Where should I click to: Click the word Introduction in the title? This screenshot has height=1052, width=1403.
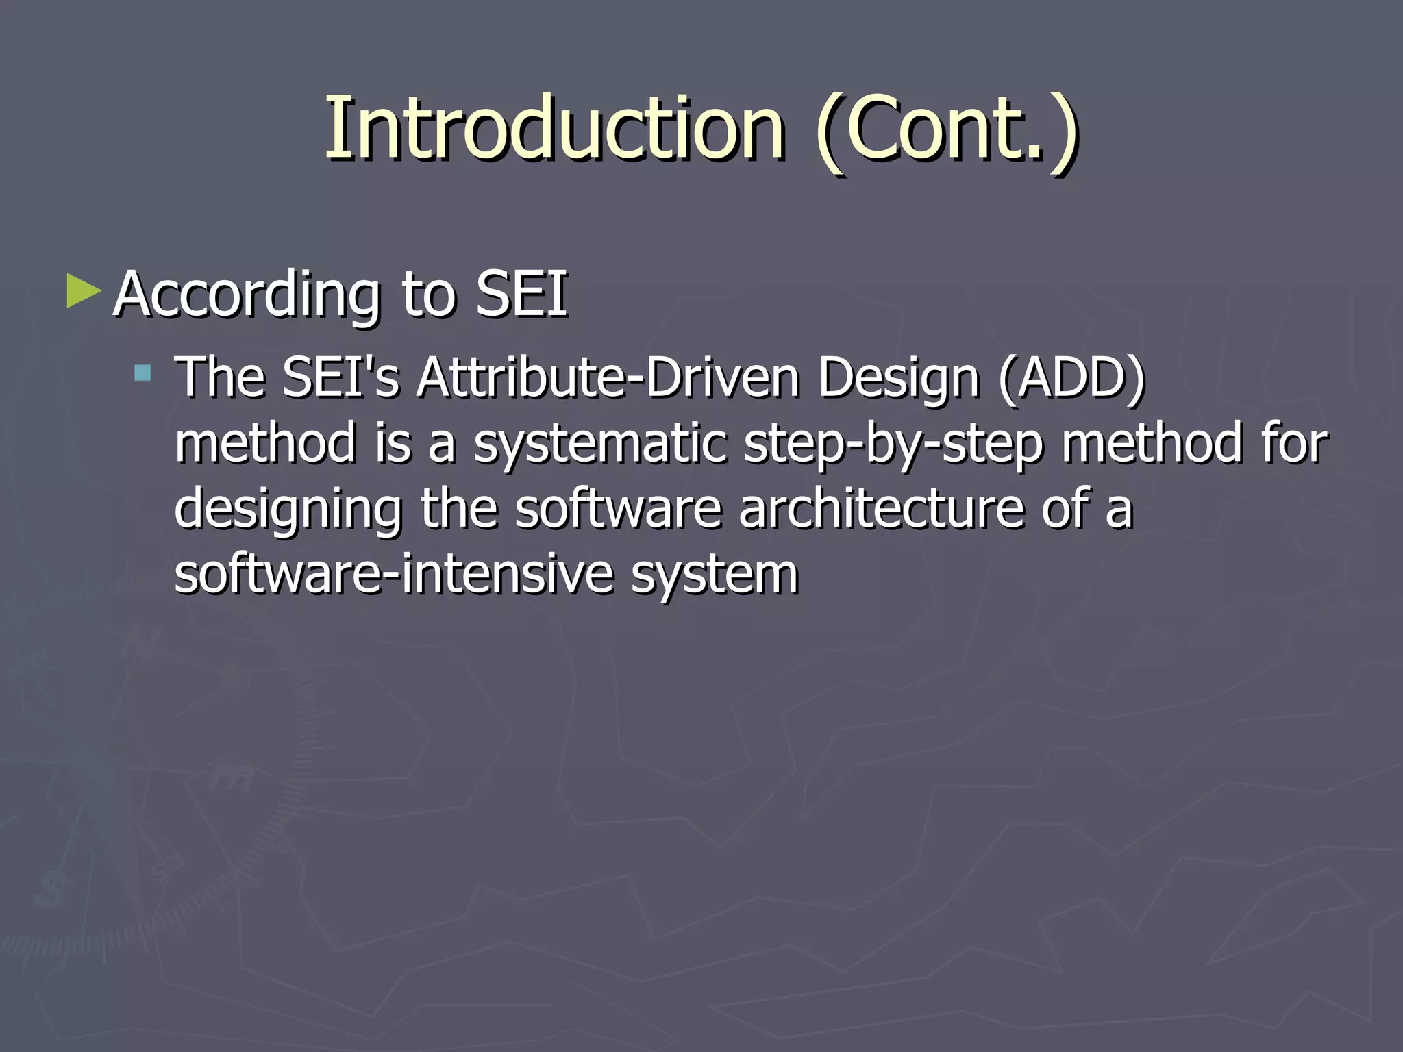[554, 129]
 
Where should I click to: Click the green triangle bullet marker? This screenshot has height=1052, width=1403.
[84, 291]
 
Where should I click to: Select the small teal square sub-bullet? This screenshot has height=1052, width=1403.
[142, 373]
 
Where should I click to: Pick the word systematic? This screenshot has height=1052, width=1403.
[600, 444]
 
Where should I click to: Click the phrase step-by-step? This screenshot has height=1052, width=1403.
[893, 444]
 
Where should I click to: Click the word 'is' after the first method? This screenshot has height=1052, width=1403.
[393, 442]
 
